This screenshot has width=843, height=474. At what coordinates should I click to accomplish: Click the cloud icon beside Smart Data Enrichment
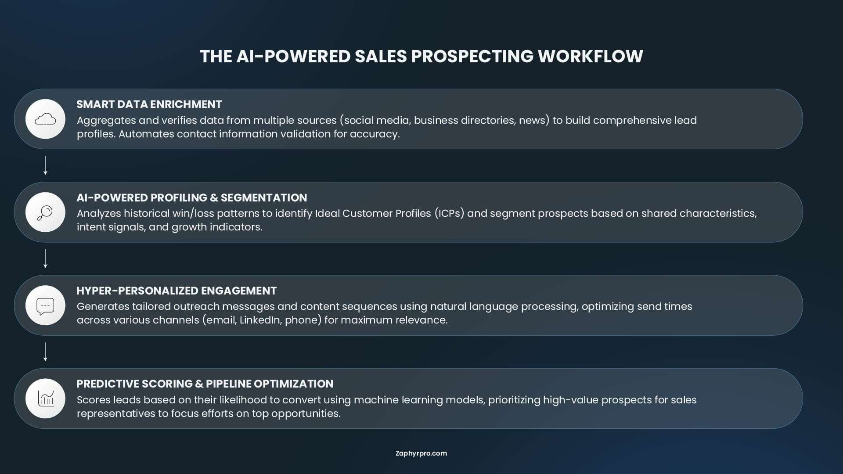coord(45,119)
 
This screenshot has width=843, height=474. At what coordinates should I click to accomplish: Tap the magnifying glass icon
coord(45,213)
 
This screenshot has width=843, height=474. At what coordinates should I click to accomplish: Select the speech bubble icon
coord(45,306)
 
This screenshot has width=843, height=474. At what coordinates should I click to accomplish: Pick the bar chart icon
coord(46,399)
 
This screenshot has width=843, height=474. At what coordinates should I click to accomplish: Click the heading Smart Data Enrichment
coord(149,104)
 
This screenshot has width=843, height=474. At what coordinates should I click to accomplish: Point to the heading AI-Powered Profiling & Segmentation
coord(192,197)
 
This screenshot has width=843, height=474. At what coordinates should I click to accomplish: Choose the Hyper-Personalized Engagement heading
coord(177,291)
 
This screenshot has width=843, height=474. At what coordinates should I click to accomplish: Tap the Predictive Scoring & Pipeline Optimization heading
coord(205,384)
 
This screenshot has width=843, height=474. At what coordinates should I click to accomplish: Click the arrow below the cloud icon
coord(45,165)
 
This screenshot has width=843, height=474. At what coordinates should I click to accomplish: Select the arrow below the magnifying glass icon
coord(45,259)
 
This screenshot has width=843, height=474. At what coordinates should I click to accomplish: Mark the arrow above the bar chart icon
coord(45,352)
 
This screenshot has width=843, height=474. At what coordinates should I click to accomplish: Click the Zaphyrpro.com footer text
coord(421,453)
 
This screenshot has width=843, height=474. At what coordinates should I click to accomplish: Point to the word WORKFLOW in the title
coord(591,56)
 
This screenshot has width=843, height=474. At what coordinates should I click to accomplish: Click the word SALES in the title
coord(381,56)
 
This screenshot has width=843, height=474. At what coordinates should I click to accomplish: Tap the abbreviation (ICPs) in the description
coord(449,213)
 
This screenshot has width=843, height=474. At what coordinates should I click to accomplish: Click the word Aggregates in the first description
coord(106,121)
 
